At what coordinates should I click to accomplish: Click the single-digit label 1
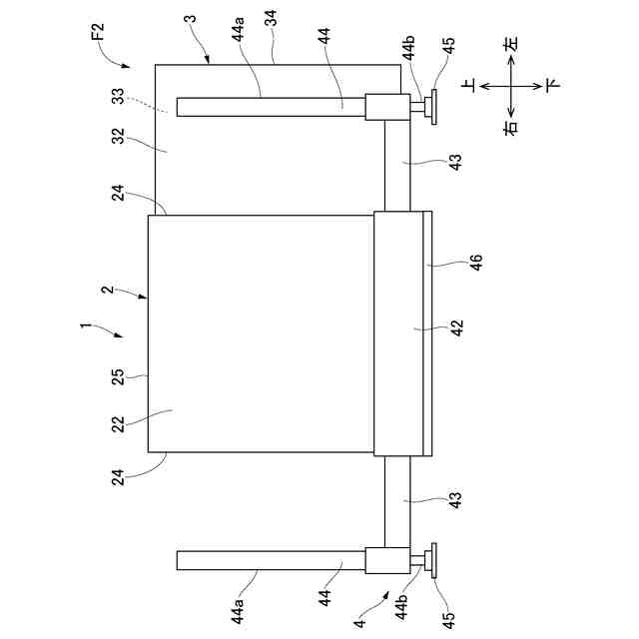coord(86,325)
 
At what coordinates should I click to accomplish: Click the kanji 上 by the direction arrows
coord(468,86)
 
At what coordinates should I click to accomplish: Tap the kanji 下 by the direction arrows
coord(551,86)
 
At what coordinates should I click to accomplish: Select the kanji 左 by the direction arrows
coord(511,46)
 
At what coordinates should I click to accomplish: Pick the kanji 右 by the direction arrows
coord(511,127)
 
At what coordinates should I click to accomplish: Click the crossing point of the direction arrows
coord(511,86)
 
